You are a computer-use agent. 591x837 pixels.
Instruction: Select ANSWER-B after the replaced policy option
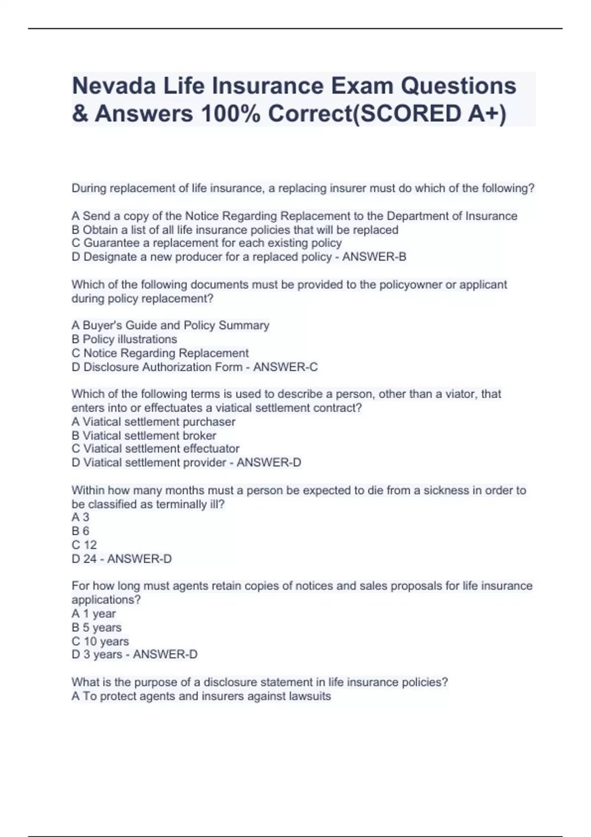[374, 257]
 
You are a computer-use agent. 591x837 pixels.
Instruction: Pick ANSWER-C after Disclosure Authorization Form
[286, 367]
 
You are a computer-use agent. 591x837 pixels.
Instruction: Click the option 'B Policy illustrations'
[124, 339]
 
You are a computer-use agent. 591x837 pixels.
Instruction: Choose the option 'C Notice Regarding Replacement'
[160, 353]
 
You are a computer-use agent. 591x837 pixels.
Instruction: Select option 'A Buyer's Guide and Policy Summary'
[170, 325]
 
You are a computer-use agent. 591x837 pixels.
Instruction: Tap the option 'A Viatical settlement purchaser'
[153, 421]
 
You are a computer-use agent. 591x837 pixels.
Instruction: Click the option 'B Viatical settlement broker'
[144, 435]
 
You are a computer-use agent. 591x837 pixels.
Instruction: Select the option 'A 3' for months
[80, 517]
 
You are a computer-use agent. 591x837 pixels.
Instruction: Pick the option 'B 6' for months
[80, 531]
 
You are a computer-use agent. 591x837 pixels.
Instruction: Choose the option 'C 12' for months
[84, 545]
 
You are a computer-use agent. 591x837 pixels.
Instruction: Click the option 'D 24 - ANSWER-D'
[122, 559]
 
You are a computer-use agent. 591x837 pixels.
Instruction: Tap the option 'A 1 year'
[94, 613]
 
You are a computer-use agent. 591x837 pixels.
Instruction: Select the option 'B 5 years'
[97, 627]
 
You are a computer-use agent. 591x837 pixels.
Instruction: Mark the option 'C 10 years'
[100, 641]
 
